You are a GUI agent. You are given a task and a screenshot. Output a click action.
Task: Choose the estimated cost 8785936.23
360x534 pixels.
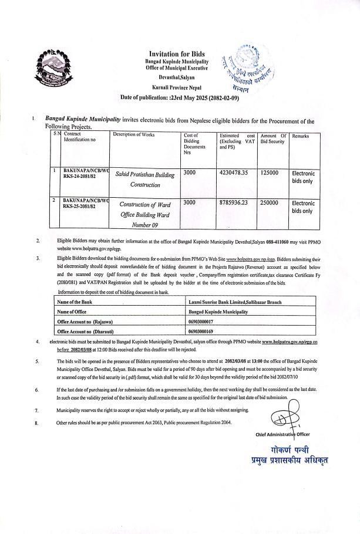234,203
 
